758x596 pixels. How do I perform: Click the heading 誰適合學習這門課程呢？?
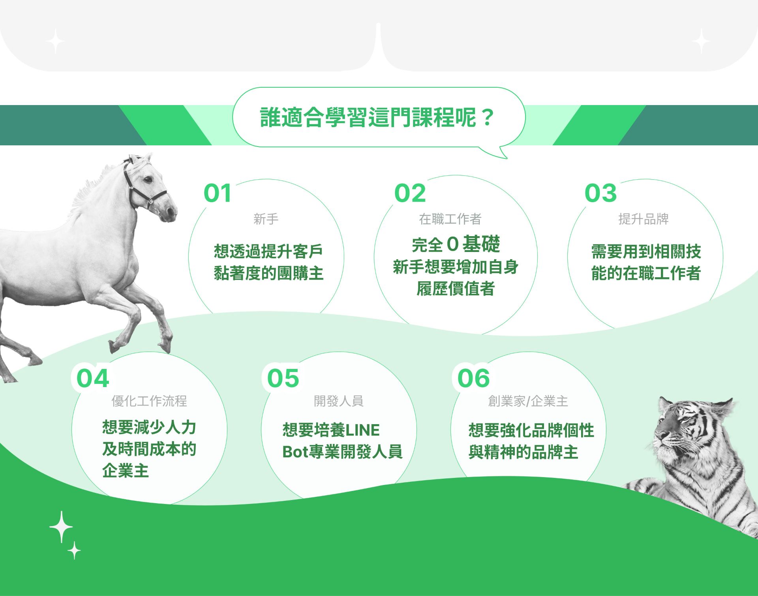coord(377,117)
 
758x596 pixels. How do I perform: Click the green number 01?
coord(217,193)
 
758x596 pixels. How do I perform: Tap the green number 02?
coord(410,193)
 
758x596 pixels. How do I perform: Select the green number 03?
coord(600,193)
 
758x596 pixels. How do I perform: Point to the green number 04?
coord(92,378)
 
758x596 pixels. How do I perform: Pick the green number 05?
coord(283,378)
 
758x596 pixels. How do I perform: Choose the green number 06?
coord(473,378)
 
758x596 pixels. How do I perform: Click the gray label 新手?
coord(266,219)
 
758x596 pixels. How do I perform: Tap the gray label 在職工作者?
coord(450,219)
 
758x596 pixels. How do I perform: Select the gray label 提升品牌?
coord(643,219)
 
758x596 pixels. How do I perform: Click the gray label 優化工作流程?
coord(149,401)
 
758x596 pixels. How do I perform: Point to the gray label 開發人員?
coord(338,401)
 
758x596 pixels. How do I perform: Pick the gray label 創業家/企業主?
coord(528,401)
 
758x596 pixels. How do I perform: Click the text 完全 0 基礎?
coord(456,244)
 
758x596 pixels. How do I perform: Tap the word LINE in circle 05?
coord(362,430)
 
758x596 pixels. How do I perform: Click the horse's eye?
coord(148,180)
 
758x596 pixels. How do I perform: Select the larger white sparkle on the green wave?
coord(61,527)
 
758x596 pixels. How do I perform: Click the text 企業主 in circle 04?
coord(126,471)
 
